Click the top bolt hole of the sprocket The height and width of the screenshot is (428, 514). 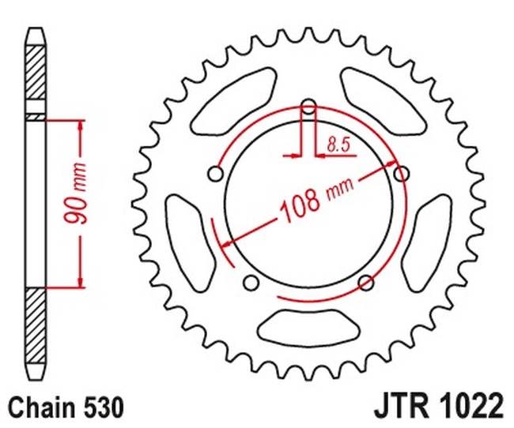(x=308, y=107)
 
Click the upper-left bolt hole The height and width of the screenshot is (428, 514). (x=216, y=174)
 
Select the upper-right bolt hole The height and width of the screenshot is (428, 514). (x=401, y=173)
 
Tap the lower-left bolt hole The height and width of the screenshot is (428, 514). (x=251, y=282)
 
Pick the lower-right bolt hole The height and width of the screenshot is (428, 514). (x=366, y=282)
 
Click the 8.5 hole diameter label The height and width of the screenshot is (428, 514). (x=338, y=145)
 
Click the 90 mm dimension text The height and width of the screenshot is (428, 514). (x=75, y=193)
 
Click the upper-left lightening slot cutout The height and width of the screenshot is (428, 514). (x=233, y=101)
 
